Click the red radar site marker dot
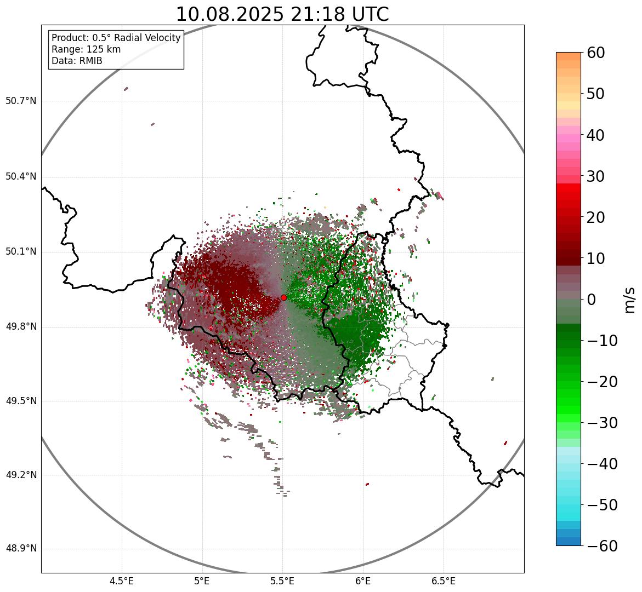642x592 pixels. click(x=283, y=297)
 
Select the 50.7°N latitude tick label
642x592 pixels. click(x=21, y=101)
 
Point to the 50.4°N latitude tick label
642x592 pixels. click(x=21, y=176)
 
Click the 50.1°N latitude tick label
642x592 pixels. click(x=21, y=252)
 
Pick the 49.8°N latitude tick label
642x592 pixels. click(x=21, y=326)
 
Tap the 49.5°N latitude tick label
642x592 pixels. click(x=21, y=401)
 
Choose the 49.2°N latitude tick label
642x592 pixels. click(x=21, y=475)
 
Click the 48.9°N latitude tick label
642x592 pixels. click(x=21, y=549)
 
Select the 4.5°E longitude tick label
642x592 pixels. click(x=122, y=581)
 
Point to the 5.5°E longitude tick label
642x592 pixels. click(x=282, y=581)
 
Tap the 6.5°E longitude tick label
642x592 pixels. click(x=443, y=581)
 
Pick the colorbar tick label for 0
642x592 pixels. click(x=592, y=300)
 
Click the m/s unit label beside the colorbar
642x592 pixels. click(x=630, y=300)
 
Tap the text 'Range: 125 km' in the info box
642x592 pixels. click(x=86, y=49)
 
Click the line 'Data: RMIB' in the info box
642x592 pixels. click(x=77, y=61)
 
